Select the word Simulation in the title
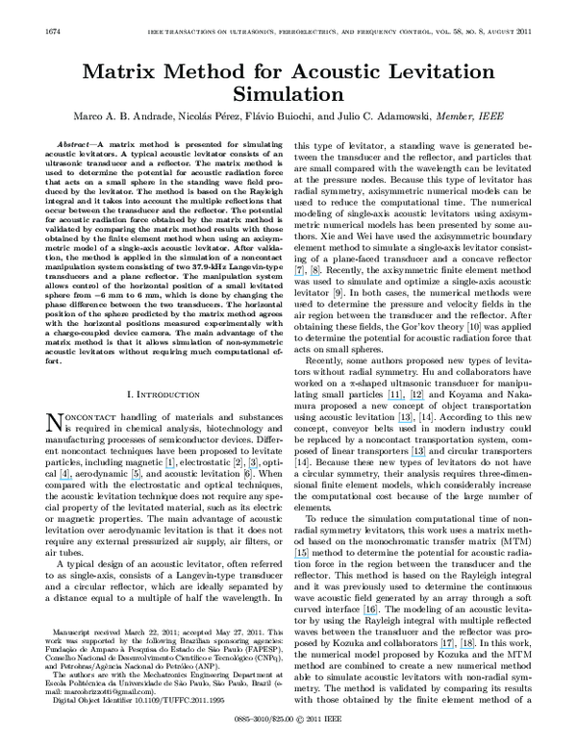[288, 95]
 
